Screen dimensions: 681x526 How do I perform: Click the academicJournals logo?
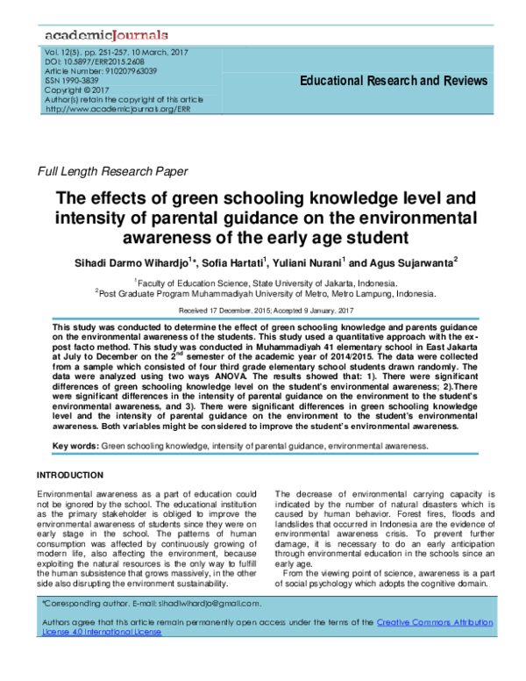(102, 35)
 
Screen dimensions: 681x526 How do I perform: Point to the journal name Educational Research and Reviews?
(393, 82)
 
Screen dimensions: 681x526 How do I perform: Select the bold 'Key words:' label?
(75, 446)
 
